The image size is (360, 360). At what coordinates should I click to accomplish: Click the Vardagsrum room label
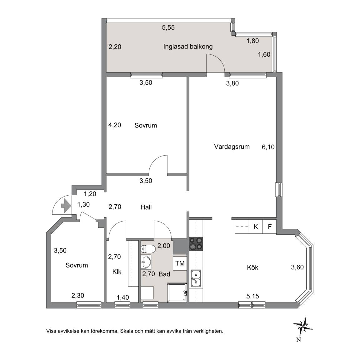pos(232,147)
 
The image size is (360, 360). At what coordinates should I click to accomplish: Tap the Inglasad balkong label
pos(188,47)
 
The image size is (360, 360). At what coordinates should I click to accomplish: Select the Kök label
pos(252,267)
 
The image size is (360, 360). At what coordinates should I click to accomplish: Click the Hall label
pos(146,207)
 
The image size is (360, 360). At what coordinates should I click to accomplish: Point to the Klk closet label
pos(117,272)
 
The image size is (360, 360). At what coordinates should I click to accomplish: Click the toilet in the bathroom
pos(147,249)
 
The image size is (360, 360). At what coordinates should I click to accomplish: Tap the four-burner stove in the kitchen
pos(196,244)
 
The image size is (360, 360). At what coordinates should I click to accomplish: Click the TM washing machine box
pos(180,263)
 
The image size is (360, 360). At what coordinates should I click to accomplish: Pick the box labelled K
pos(256,227)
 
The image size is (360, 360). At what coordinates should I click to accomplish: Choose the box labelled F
pos(270,227)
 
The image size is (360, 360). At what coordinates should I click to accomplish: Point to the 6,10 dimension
pos(268,147)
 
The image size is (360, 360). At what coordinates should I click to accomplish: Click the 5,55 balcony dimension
pos(168,27)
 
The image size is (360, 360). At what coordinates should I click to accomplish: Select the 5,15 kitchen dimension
pos(252,296)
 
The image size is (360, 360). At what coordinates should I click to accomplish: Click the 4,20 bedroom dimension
pos(115,125)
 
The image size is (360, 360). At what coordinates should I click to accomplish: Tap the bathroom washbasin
pos(146,262)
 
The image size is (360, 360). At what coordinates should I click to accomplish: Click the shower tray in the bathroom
pos(177,292)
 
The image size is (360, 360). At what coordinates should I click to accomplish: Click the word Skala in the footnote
pos(127,331)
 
